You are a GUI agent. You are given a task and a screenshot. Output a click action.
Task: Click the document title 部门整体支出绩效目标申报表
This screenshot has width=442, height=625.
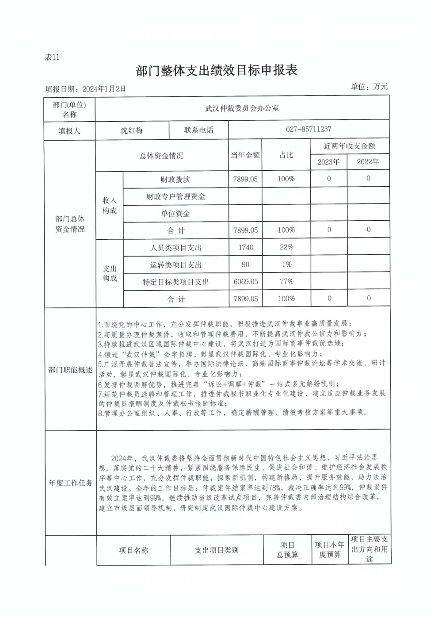click(x=217, y=71)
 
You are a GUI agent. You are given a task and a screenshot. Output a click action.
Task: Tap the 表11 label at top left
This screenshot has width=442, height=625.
click(x=52, y=57)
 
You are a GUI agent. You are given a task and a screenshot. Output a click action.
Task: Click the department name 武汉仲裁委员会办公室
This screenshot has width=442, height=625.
click(x=242, y=108)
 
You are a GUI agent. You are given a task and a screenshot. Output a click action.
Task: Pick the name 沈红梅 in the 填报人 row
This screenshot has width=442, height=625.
click(x=132, y=130)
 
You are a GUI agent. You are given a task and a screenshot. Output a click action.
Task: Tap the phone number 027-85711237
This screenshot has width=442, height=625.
click(x=309, y=129)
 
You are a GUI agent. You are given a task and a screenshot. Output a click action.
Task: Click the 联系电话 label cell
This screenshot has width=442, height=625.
click(x=198, y=130)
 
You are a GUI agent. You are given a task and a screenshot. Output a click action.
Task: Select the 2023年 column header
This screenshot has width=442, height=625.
click(x=328, y=162)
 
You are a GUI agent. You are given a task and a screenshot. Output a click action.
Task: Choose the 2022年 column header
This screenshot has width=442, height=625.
click(x=368, y=162)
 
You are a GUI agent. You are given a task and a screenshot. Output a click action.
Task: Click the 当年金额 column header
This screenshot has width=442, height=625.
click(x=245, y=155)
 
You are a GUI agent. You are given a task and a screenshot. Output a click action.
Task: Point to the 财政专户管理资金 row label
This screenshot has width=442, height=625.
click(x=175, y=196)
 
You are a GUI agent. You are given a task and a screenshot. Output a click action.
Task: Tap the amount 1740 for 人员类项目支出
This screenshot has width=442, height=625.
click(x=246, y=247)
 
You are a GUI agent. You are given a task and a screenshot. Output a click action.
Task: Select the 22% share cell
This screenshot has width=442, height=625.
click(x=286, y=247)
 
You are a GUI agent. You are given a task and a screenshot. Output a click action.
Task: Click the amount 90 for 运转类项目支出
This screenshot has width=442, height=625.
click(x=245, y=265)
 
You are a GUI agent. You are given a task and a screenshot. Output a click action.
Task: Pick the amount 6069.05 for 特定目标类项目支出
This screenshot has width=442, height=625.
click(x=246, y=281)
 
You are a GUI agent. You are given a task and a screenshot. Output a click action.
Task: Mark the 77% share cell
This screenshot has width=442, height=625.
click(x=286, y=281)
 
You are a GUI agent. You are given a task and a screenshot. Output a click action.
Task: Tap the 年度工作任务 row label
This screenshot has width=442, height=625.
click(x=70, y=483)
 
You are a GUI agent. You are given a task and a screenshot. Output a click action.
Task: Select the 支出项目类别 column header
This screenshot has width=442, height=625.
click(x=217, y=550)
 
